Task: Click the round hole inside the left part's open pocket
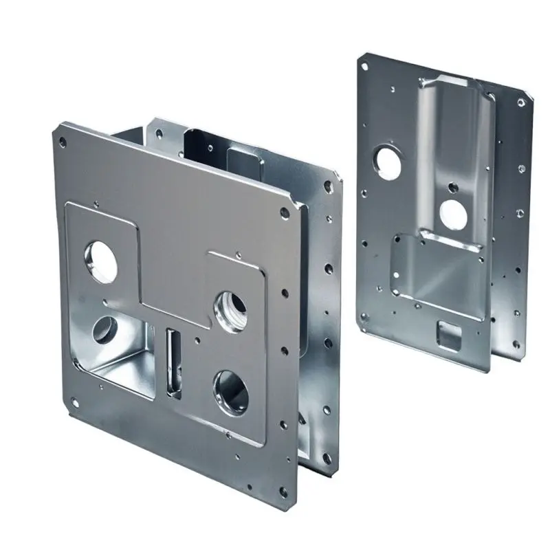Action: tap(106, 329)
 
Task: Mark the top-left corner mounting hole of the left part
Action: tap(63, 141)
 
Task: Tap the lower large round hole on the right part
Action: tap(453, 212)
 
